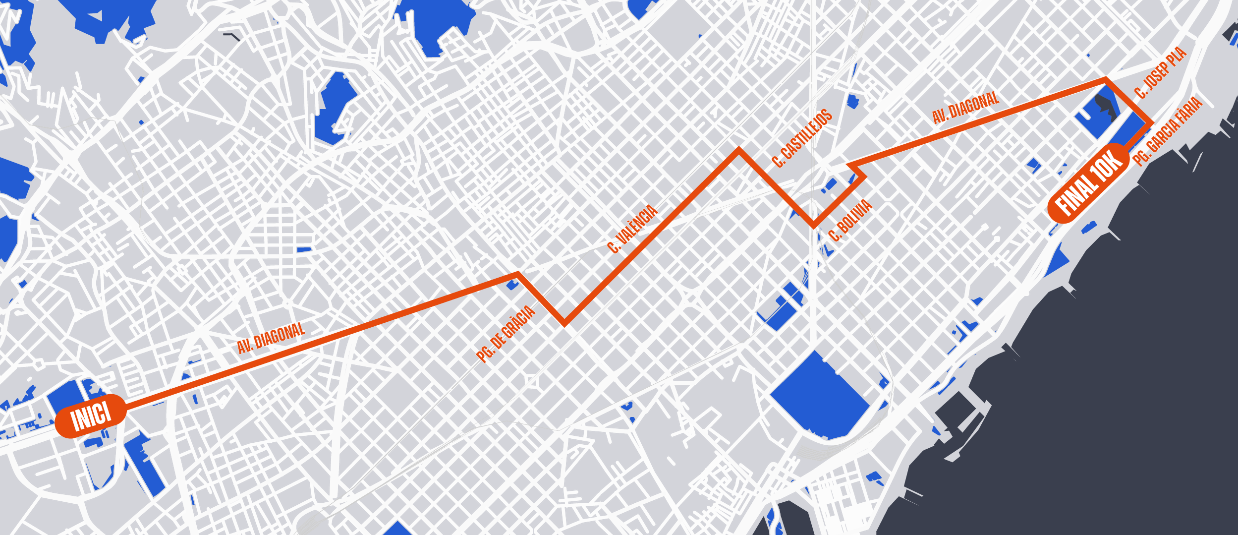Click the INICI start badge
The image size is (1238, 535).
tap(90, 416)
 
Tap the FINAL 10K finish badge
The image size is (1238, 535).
tap(1089, 182)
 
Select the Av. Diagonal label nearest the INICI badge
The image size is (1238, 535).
tap(271, 338)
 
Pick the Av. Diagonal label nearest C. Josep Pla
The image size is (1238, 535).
tap(965, 108)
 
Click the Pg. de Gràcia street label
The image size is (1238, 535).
tap(506, 334)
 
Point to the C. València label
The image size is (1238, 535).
tap(632, 229)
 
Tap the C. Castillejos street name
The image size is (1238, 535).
tap(802, 138)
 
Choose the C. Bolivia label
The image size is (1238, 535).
tap(850, 220)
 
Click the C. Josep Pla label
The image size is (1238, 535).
tap(1161, 72)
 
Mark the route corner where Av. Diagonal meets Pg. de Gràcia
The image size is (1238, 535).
tap(518, 274)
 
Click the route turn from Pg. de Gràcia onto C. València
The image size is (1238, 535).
tap(564, 324)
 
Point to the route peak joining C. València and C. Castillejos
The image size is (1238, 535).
tap(739, 150)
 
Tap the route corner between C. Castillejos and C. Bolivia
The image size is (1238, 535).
tap(814, 226)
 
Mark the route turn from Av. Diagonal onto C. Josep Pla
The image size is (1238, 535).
tap(1106, 79)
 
